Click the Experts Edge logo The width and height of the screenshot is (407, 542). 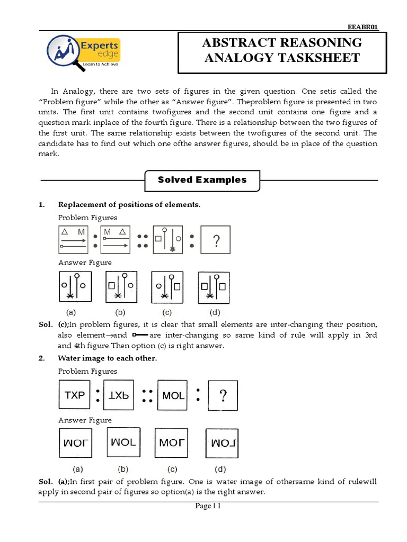tap(84, 52)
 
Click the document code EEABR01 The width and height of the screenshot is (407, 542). tap(362, 27)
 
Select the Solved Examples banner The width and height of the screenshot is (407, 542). tap(202, 180)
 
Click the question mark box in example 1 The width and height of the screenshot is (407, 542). tap(216, 242)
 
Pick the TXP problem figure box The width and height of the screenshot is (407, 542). tap(74, 395)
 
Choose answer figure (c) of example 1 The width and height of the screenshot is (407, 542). tap(167, 288)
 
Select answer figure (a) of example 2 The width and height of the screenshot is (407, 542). tap(75, 442)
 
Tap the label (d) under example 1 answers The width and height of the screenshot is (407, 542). tap(214, 312)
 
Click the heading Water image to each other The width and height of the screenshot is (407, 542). tap(108, 358)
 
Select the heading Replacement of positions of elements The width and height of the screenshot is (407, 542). tap(129, 205)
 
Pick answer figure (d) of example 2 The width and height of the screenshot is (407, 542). tap(222, 442)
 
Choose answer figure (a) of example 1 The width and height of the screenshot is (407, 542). tap(75, 288)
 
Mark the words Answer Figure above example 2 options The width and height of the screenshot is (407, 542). tap(85, 420)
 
